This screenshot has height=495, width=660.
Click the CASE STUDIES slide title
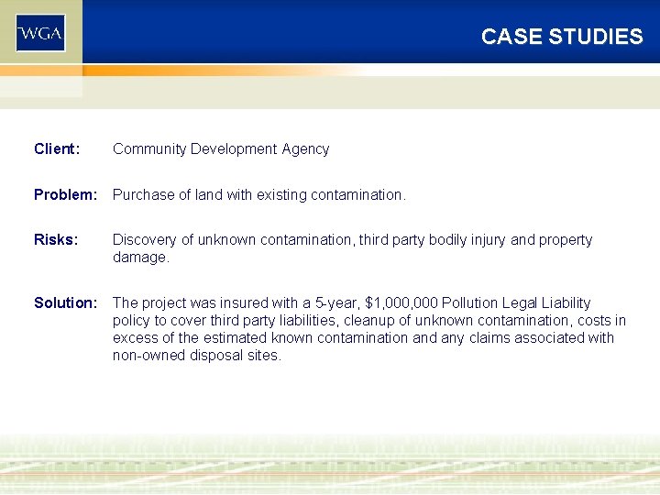tap(562, 37)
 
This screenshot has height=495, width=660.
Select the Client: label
tap(57, 148)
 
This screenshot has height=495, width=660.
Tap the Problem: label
tap(65, 194)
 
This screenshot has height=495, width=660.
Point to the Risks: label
tap(56, 239)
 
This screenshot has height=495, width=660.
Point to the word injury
tap(481, 239)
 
